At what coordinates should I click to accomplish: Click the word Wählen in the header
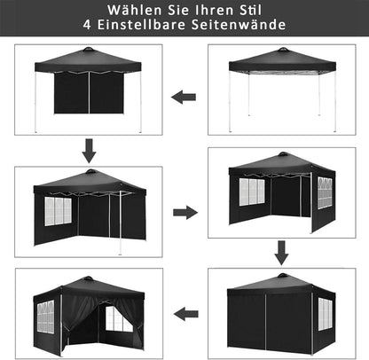click(135, 10)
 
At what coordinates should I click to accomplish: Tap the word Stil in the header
click(250, 10)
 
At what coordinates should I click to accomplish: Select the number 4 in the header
click(87, 25)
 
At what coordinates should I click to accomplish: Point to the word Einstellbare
click(142, 25)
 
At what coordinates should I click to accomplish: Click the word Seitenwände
click(239, 25)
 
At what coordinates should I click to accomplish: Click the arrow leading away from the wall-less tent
click(184, 97)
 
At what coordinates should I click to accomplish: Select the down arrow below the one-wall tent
click(89, 151)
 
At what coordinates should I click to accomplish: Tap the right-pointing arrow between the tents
click(185, 212)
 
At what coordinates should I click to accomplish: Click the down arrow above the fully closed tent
click(281, 253)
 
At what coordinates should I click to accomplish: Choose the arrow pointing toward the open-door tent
click(186, 314)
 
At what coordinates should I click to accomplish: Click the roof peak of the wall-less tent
click(283, 50)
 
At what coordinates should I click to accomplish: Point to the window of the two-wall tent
click(59, 211)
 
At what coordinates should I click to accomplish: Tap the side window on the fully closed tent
click(326, 314)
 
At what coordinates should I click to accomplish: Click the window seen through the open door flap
click(116, 318)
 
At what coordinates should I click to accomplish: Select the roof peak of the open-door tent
click(88, 278)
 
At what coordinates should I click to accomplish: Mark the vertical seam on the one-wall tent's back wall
click(89, 92)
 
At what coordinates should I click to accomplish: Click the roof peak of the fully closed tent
click(283, 275)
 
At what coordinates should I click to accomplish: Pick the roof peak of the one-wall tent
click(89, 49)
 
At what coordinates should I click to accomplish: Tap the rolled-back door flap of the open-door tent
click(78, 313)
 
